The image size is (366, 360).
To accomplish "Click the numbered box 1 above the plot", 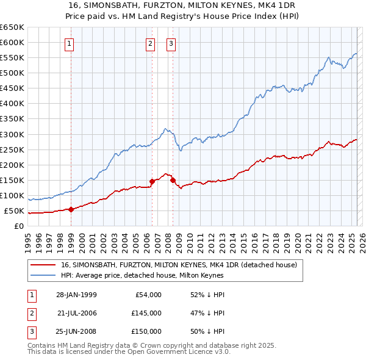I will [70, 43].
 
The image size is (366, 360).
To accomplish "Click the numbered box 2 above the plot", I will [151, 43].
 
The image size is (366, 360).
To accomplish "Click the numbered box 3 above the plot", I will [171, 43].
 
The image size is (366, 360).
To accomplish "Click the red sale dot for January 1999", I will [71, 209].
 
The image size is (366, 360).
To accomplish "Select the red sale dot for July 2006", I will [152, 181].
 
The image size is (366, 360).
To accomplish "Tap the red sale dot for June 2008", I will [173, 180].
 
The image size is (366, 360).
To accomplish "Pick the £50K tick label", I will [15, 211].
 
